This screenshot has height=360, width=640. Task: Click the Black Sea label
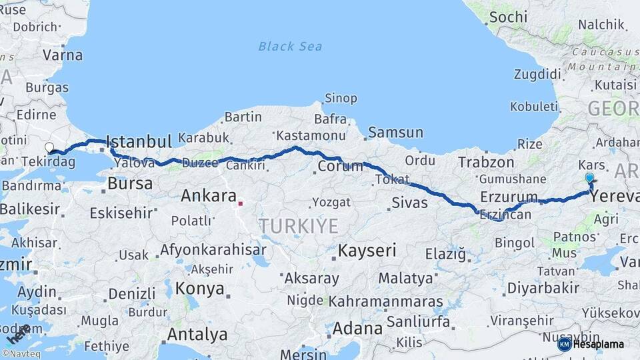coord(290,46)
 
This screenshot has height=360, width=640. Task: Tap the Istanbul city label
coord(139,141)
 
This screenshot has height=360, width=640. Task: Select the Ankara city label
coord(209,196)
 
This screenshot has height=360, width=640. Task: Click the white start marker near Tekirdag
coord(49,147)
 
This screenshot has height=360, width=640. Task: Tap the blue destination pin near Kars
coord(589,179)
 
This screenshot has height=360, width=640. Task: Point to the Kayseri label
coord(367,251)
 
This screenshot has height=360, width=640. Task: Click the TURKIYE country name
coord(299,226)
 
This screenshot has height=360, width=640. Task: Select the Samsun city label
coord(395,132)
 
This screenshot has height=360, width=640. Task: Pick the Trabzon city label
coord(486,162)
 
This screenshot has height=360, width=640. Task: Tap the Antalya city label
coord(197,334)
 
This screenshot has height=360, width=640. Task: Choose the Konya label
coord(199,289)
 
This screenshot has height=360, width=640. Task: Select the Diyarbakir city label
coord(543,288)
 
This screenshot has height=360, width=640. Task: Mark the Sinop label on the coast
coord(340,99)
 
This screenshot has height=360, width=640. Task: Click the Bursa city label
coord(130,183)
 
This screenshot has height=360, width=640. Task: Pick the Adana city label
coord(357,328)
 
